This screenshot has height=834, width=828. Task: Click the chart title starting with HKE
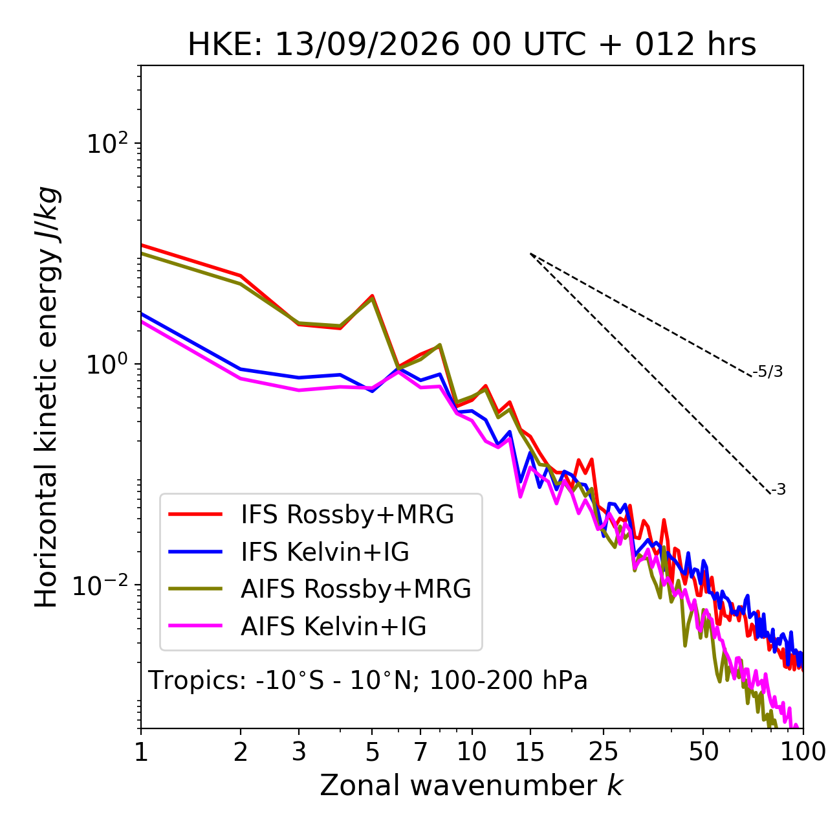point(472,45)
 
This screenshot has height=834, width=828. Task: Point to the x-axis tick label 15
point(530,752)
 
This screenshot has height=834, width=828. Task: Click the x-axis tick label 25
point(604,752)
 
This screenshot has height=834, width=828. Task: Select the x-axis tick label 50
point(703,752)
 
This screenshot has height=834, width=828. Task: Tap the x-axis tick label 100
point(803,752)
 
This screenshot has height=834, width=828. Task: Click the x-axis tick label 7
point(420,752)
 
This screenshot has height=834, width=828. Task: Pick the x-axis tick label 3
point(299,752)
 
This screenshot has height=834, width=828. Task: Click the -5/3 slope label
point(767,372)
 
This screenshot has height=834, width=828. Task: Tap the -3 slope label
point(778,490)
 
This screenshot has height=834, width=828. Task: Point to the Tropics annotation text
point(367,680)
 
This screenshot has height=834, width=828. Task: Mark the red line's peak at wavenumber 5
point(372,296)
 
